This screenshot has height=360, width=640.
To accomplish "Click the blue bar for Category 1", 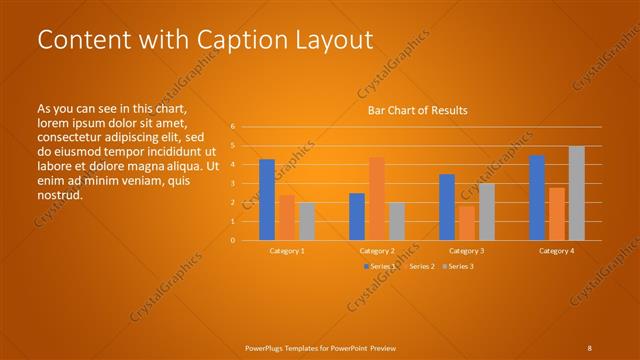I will [x=267, y=200].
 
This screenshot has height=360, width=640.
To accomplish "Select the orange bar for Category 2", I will [x=377, y=198].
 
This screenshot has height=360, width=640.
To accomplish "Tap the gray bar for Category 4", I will [x=577, y=193].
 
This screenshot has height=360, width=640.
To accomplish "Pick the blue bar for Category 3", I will [x=447, y=207].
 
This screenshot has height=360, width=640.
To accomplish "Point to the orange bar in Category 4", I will [x=557, y=214].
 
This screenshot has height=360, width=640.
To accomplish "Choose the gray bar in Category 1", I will [x=307, y=221].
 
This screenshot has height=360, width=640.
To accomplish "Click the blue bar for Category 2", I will [x=357, y=216].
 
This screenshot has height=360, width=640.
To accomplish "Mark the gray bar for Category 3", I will [x=487, y=212].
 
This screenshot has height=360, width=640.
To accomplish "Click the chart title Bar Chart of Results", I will [x=417, y=110].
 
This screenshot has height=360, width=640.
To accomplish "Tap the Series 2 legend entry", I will [x=420, y=266].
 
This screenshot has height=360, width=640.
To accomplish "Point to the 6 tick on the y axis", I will [x=232, y=127].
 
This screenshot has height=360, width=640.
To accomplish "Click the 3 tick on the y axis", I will [x=232, y=184].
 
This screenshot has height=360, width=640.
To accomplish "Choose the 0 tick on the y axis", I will [x=232, y=240].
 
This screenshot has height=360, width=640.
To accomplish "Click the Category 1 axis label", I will [x=287, y=250].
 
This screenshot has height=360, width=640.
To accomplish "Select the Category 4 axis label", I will [x=557, y=250].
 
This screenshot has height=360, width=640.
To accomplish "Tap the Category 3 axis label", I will [x=467, y=250].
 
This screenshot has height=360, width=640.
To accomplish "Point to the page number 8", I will [x=589, y=348].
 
